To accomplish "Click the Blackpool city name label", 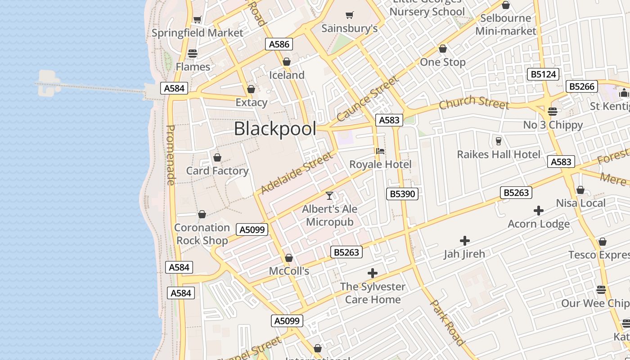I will [x=275, y=129].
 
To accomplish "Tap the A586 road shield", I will [x=279, y=44].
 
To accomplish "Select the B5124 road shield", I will [x=543, y=74].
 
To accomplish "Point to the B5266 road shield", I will [x=582, y=86].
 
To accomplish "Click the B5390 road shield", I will [x=402, y=194].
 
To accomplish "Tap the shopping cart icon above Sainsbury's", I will [x=350, y=15].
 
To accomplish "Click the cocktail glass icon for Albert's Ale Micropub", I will [x=329, y=196].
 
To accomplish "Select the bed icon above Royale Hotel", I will [x=380, y=151].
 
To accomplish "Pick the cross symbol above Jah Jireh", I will [x=464, y=241].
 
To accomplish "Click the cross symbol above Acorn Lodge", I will [x=538, y=211].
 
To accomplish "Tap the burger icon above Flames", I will [x=193, y=54].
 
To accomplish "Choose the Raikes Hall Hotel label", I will [x=499, y=154].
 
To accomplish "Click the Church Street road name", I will [x=474, y=103].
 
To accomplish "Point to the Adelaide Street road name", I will [x=297, y=173].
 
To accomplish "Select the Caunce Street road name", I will [x=367, y=99].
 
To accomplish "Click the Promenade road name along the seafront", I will [x=171, y=155].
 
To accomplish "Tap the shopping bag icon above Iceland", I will [x=287, y=62].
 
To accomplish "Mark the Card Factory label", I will [x=217, y=171].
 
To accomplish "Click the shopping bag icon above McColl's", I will [x=289, y=258].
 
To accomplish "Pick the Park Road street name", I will [x=447, y=323].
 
